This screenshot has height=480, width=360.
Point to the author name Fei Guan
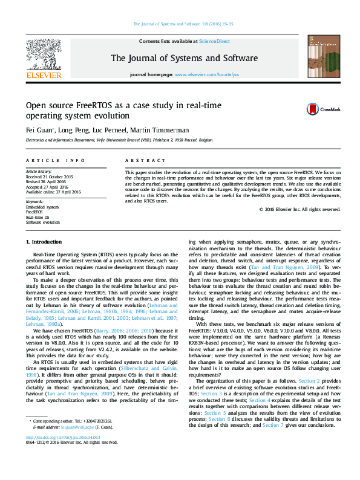(36, 130)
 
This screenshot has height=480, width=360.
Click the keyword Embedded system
(42, 207)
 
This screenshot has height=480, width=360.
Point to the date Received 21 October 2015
(50, 177)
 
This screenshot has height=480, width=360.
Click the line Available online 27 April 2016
(53, 191)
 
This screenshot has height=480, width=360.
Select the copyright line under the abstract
(299, 209)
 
